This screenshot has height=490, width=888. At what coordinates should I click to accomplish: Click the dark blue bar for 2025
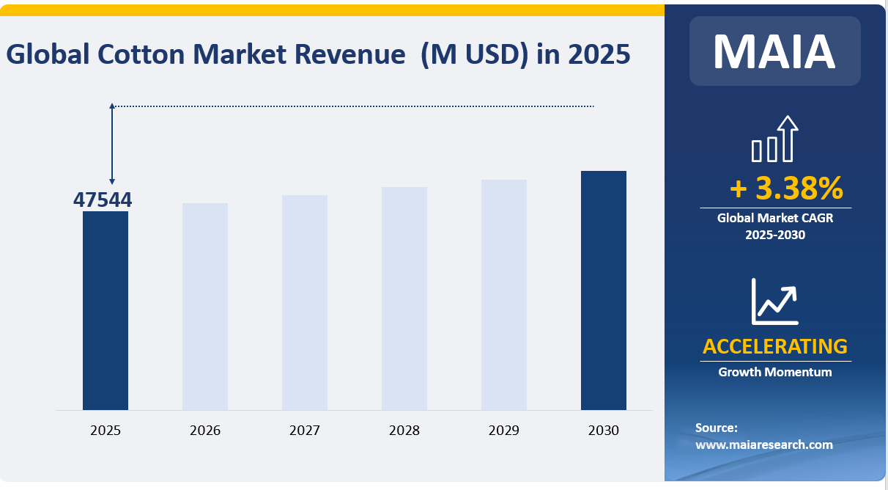tap(106, 310)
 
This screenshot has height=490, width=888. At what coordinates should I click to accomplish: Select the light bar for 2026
tap(205, 307)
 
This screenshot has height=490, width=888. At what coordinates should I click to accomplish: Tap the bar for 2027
tap(305, 302)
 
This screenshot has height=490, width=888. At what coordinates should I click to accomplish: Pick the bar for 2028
tap(404, 299)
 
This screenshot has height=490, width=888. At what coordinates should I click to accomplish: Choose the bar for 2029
tap(504, 295)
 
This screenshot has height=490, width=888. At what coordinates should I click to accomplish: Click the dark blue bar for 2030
tap(604, 290)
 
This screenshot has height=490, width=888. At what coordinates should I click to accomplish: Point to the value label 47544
tap(103, 200)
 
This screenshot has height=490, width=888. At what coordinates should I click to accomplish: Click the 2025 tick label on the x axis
tap(106, 431)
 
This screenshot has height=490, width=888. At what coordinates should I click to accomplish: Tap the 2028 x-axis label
tap(404, 431)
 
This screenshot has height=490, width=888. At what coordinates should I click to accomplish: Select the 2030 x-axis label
tap(604, 431)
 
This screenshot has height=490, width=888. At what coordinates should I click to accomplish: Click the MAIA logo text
tap(774, 51)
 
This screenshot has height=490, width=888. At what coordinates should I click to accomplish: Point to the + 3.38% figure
tap(786, 189)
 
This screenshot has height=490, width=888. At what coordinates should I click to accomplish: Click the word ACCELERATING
tap(774, 345)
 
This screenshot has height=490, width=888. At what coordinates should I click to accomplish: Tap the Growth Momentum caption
tap(774, 372)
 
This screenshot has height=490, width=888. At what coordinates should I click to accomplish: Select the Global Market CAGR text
tap(774, 218)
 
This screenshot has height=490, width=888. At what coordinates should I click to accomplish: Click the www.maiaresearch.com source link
tap(763, 445)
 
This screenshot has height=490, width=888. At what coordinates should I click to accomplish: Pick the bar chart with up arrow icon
tap(774, 139)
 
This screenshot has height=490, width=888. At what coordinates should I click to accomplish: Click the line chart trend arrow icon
tap(774, 301)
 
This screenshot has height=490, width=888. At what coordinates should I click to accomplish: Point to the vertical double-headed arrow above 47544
tap(112, 144)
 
